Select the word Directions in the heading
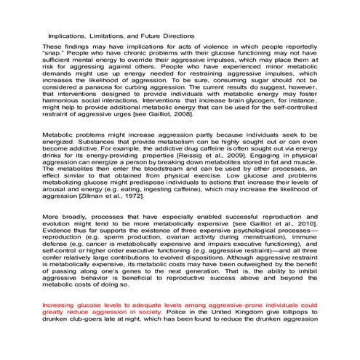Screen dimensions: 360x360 pyautogui.click(x=175, y=35)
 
